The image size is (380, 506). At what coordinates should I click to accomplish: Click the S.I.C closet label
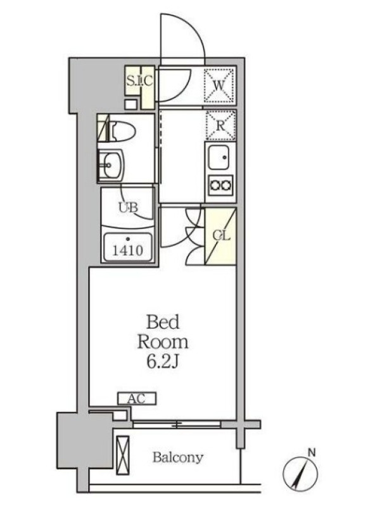click(x=139, y=81)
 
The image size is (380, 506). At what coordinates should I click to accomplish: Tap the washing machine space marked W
click(x=219, y=85)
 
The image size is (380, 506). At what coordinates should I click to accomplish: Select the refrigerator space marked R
click(x=220, y=125)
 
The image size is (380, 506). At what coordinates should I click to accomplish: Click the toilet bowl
click(x=122, y=130)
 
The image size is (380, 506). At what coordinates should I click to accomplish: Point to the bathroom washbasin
click(x=110, y=164)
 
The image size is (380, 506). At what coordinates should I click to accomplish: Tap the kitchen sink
click(x=218, y=157)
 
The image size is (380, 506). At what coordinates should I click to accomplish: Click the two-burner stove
click(x=221, y=185)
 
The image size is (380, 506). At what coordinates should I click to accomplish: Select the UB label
click(x=129, y=207)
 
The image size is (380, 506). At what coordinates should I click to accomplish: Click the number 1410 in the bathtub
click(x=127, y=250)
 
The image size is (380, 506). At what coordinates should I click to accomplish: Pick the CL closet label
click(x=221, y=236)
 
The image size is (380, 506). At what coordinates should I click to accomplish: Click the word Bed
click(x=163, y=322)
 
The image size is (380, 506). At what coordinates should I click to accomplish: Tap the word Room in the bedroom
click(x=163, y=342)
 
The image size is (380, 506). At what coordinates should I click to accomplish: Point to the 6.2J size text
click(x=163, y=362)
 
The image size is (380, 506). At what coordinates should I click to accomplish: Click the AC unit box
click(x=137, y=398)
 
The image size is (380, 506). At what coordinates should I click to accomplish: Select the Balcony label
click(x=178, y=457)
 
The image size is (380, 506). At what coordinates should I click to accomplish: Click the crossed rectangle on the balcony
click(x=122, y=455)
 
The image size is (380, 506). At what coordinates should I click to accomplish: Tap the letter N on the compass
click(x=312, y=452)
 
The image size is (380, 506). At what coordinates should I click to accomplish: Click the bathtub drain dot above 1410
click(x=128, y=239)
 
